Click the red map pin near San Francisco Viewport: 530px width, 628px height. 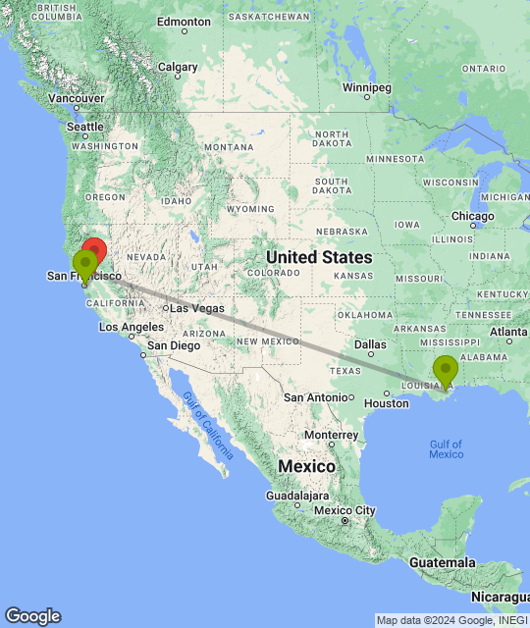click(94, 250)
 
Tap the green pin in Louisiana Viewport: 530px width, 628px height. click(446, 371)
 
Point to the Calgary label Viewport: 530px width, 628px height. click(178, 68)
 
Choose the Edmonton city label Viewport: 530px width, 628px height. click(184, 21)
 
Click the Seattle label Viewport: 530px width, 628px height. click(84, 128)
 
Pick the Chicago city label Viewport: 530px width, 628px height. click(473, 216)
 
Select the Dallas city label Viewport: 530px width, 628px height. click(370, 344)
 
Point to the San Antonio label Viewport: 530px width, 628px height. click(316, 396)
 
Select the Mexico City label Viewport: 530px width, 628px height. click(344, 510)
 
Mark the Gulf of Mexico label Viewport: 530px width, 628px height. click(446, 448)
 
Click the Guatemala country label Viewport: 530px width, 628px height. click(443, 562)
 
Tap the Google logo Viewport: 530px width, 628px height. click(31, 616)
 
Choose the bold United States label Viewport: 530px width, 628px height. click(319, 257)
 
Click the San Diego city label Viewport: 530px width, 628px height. click(174, 345)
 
